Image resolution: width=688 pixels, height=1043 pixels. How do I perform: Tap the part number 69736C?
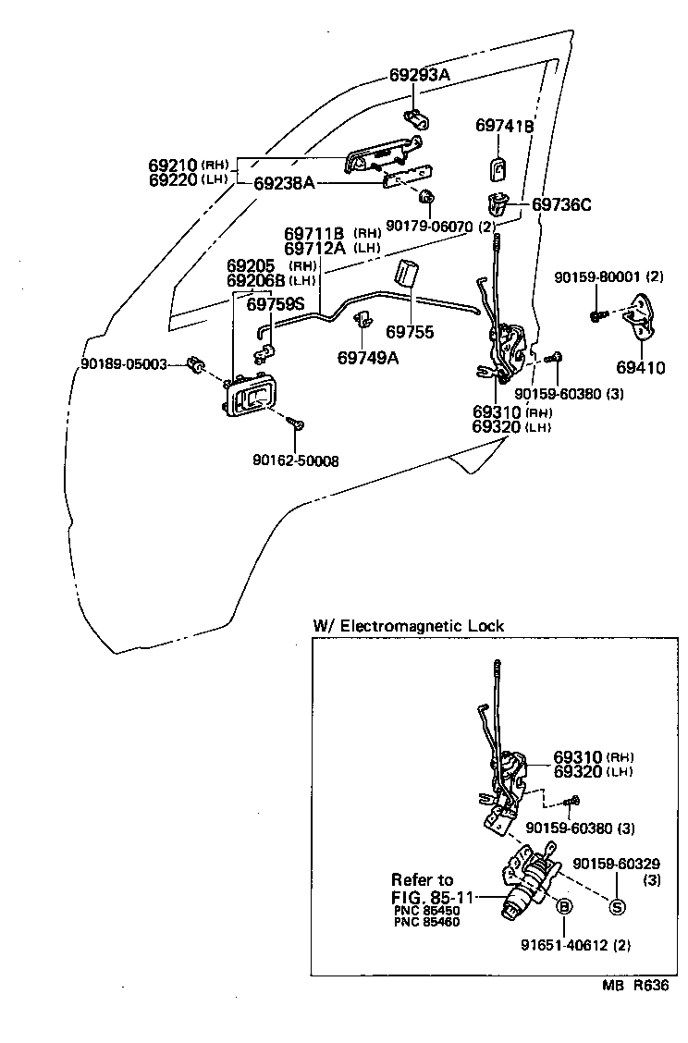pyautogui.click(x=560, y=204)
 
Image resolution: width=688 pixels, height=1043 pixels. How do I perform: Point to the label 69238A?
pyautogui.click(x=284, y=183)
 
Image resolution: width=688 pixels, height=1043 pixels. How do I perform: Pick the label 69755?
pyautogui.click(x=410, y=331)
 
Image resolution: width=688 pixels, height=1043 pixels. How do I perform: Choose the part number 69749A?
pyautogui.click(x=368, y=358)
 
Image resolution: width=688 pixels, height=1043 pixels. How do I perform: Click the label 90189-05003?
pyautogui.click(x=123, y=364)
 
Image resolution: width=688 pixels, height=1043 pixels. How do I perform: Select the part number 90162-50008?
pyautogui.click(x=295, y=460)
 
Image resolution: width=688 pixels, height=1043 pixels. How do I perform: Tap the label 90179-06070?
pyautogui.click(x=428, y=226)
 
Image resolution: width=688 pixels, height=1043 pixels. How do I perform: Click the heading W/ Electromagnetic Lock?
pyautogui.click(x=409, y=626)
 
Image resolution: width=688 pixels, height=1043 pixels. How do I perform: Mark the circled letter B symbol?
pyautogui.click(x=563, y=907)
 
